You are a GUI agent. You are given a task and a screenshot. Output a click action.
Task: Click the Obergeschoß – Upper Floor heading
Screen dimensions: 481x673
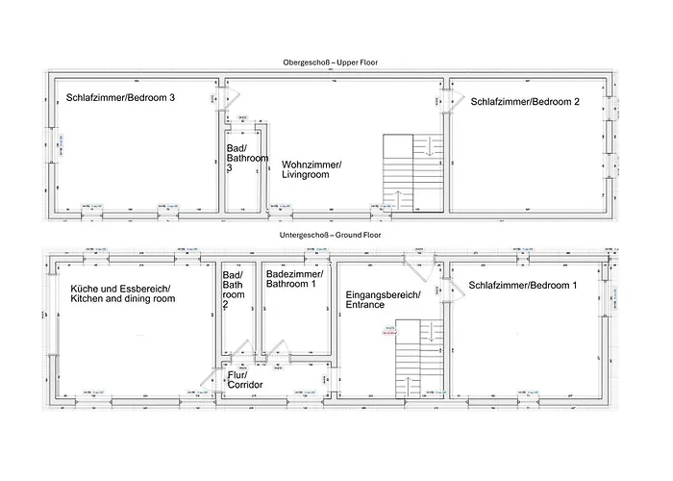[330, 63]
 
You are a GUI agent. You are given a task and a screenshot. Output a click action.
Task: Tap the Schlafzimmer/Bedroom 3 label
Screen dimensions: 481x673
[120, 97]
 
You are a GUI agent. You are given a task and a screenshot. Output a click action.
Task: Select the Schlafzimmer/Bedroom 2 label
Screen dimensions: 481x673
[524, 103]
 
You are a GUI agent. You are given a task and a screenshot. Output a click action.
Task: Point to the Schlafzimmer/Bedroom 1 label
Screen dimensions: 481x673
[523, 286]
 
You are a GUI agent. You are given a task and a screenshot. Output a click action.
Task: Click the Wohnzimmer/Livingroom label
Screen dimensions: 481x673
[311, 170]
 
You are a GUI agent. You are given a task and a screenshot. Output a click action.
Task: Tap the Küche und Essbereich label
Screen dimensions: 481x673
[122, 293]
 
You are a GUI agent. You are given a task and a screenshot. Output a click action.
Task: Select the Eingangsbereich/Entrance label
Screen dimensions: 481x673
[382, 299]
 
